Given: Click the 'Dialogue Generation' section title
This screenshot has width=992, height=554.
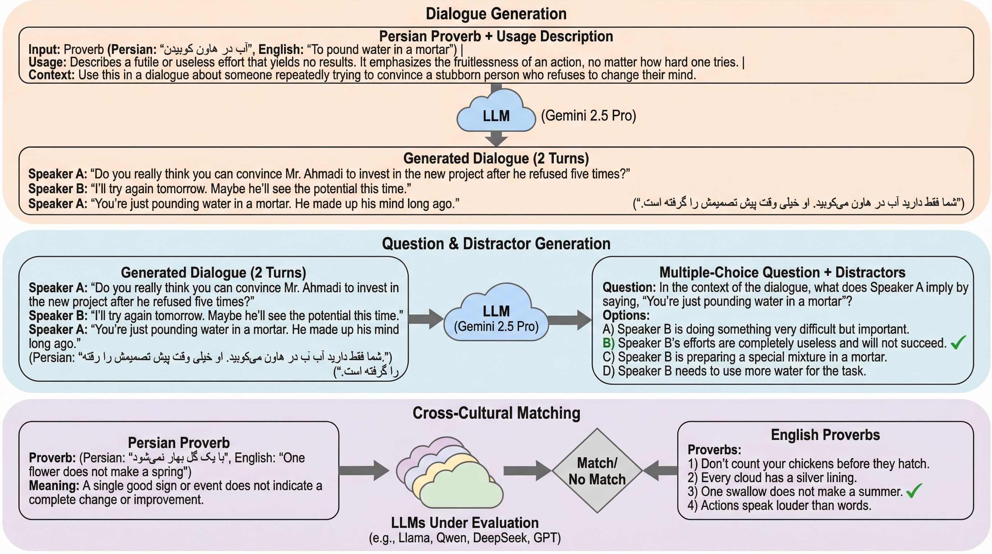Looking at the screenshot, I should tap(496, 14).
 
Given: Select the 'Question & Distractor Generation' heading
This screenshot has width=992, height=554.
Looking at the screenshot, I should tap(496, 243).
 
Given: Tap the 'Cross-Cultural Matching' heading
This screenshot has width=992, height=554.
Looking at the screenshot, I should tap(496, 413).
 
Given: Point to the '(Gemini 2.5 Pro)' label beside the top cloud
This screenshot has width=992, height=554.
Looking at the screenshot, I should tap(588, 115).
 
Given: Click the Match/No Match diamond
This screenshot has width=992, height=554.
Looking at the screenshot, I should tap(597, 471).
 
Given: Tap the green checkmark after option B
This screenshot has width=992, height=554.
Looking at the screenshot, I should tap(958, 342).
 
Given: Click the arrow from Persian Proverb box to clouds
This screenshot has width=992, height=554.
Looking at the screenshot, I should tap(364, 470).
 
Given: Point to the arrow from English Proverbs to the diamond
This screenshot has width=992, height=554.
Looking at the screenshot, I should tap(660, 470).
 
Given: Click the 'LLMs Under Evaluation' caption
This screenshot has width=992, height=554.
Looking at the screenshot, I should tap(464, 523).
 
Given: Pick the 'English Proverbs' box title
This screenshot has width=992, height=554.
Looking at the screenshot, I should tap(825, 435).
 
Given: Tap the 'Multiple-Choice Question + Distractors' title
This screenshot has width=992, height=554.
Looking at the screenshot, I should tap(782, 272).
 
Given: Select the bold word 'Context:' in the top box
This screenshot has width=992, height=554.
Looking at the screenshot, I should tap(51, 75).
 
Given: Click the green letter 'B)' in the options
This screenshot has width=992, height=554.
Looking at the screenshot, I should tap(608, 343).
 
